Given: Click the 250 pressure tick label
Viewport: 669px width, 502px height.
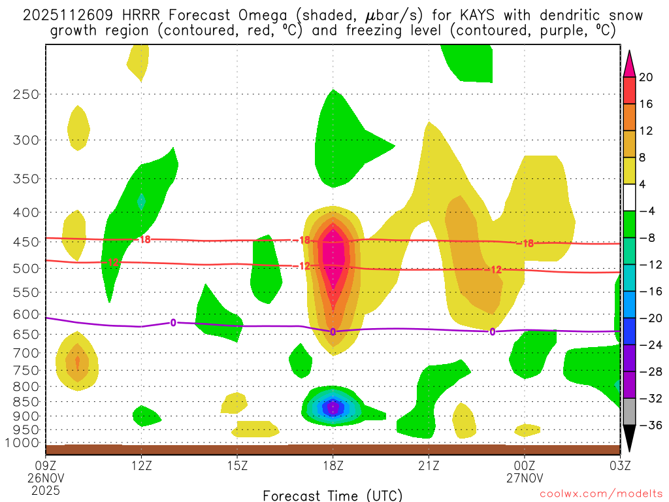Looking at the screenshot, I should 25,94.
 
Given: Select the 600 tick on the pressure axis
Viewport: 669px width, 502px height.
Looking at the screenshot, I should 25,314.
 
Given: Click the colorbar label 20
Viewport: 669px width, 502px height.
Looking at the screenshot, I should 646,77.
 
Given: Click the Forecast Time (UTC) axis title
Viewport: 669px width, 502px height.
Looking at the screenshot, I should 333,495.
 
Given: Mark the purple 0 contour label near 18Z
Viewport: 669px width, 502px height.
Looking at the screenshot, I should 333,332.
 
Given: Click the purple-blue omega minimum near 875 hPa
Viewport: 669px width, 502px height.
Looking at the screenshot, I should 333,408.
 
